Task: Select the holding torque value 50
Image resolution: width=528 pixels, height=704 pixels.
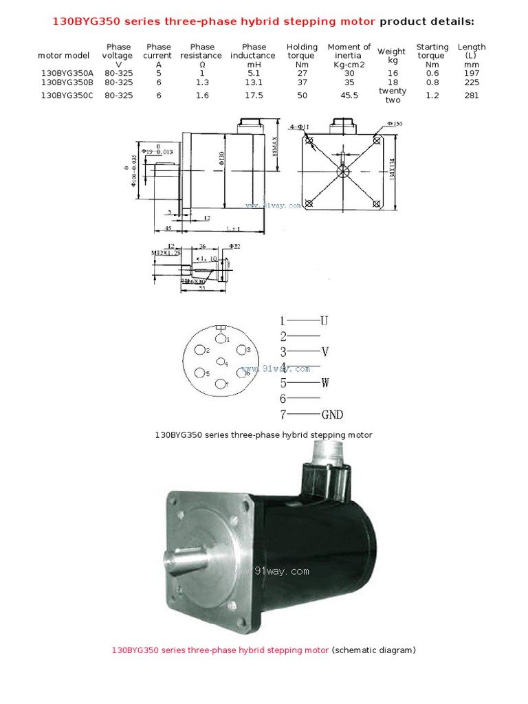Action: point(302,96)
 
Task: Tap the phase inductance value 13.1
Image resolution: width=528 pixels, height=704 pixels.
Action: point(254,82)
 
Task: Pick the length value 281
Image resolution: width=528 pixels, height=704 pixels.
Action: point(471,96)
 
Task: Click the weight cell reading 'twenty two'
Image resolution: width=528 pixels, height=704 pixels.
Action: point(392,96)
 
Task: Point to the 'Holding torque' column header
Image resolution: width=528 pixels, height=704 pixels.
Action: point(302,52)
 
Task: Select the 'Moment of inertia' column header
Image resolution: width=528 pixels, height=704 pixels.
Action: point(349,52)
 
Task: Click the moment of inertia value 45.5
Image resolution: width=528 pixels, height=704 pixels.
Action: point(349,96)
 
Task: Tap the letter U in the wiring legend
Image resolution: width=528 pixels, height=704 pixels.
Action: point(324,320)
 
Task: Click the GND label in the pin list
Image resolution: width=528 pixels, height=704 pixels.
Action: point(331,415)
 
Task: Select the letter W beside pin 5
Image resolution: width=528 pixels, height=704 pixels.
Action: point(324,383)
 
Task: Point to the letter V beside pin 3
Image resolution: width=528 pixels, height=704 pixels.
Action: point(324,352)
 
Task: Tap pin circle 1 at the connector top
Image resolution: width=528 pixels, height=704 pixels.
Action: point(219,338)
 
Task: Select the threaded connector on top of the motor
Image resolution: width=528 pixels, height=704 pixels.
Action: point(325,451)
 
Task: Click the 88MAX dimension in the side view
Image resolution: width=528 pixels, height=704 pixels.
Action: point(276,146)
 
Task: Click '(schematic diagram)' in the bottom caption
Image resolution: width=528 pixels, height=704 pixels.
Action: point(374,649)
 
